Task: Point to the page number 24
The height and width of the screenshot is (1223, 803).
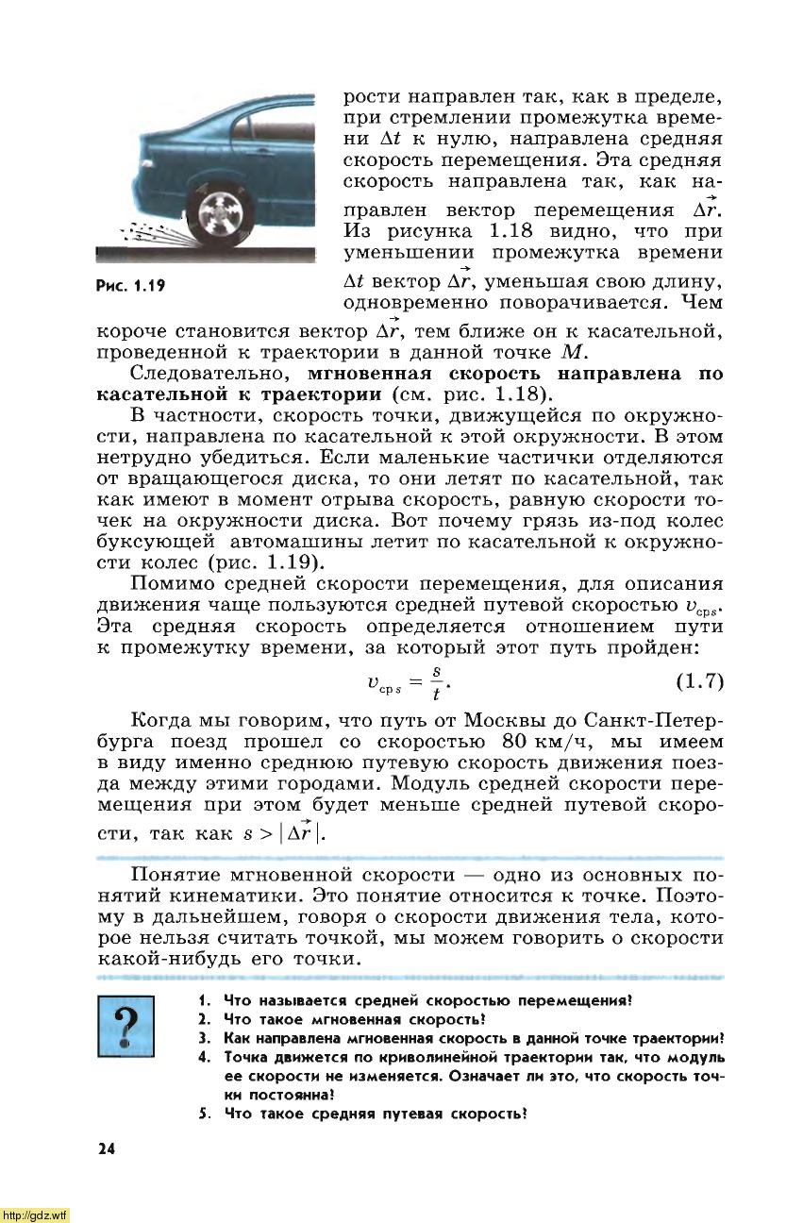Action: pos(105,1148)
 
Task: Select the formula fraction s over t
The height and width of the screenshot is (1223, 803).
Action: pos(436,681)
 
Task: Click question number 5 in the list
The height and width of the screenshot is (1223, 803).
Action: pos(204,1114)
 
